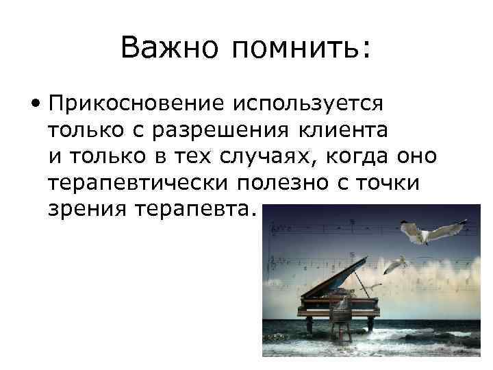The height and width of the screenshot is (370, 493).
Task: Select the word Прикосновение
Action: [x=136, y=103]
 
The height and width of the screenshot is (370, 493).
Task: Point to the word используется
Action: [x=307, y=103]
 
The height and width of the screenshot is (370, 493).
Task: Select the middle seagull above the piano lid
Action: [x=396, y=263]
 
